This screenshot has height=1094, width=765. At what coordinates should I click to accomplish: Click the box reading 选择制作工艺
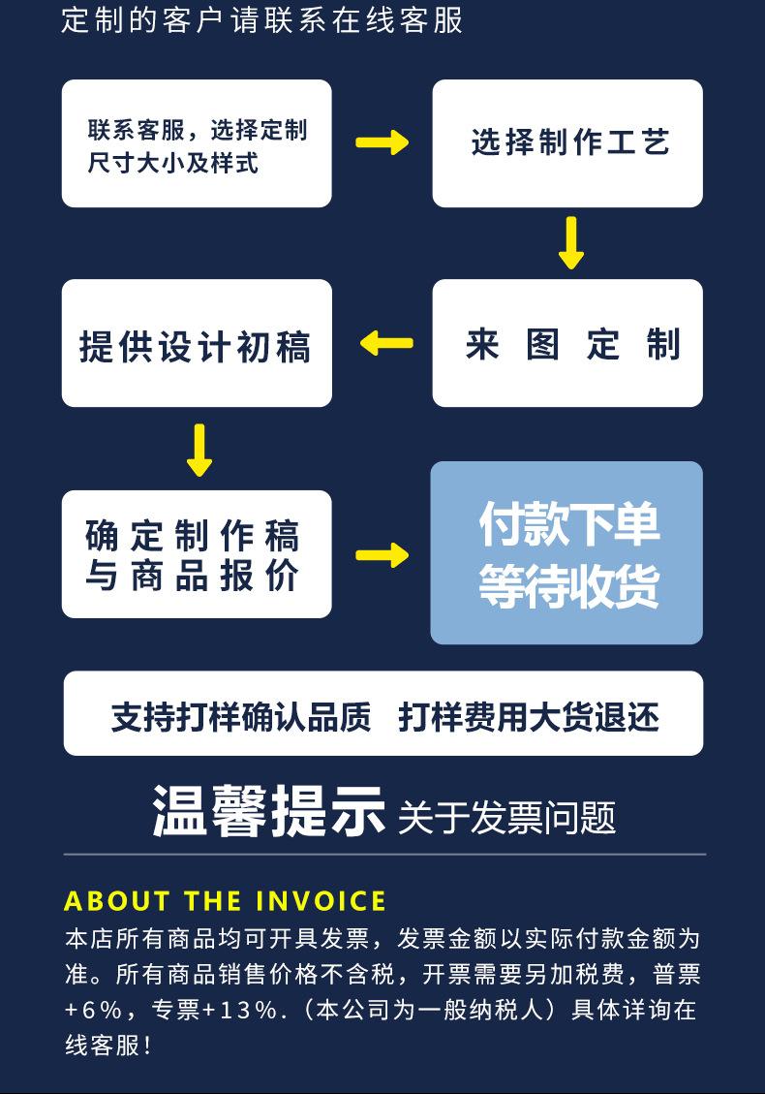coord(567,143)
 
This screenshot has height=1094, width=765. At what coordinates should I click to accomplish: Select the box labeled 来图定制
coord(567,343)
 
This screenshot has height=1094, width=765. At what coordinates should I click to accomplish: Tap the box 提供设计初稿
coord(197,343)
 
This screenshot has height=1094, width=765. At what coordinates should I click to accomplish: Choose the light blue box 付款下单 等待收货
coord(566,552)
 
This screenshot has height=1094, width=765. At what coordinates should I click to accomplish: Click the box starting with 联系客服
coord(197,143)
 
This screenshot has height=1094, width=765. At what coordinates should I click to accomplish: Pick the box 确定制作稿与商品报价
coord(197,554)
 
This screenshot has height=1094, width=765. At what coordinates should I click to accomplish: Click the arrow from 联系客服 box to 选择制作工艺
coord(382,143)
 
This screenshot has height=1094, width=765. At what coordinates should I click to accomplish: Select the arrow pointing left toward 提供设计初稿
coord(386,343)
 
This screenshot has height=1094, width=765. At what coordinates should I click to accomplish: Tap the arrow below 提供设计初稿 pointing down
coord(199,449)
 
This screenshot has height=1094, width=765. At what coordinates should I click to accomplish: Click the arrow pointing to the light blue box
coord(382,555)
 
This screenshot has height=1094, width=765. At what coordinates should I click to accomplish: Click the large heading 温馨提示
coord(268,812)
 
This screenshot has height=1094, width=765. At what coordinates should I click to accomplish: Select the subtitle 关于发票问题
coord(506,818)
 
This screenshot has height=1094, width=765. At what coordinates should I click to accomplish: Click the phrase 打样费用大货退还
coord(529,717)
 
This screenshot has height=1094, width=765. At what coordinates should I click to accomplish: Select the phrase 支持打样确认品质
coord(241,717)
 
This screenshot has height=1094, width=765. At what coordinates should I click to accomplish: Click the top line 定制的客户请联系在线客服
coord(262,19)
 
